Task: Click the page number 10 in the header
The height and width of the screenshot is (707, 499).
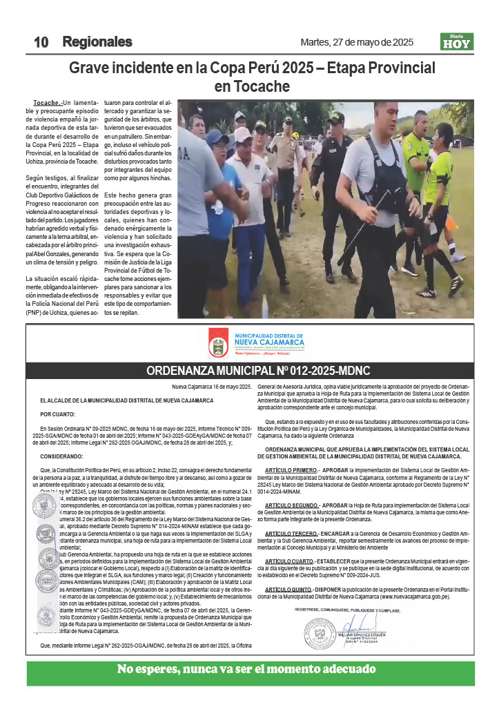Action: (41, 42)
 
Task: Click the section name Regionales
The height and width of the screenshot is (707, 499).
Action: (97, 42)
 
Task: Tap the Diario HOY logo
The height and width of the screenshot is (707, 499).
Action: (456, 42)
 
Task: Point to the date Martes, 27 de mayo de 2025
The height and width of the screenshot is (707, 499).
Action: (357, 42)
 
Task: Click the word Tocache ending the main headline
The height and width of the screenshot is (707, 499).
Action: (252, 87)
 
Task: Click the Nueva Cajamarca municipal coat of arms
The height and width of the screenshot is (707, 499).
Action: (219, 343)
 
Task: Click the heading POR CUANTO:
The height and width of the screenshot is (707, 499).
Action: (55, 414)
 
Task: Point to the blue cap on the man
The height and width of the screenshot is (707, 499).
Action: (217, 137)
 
